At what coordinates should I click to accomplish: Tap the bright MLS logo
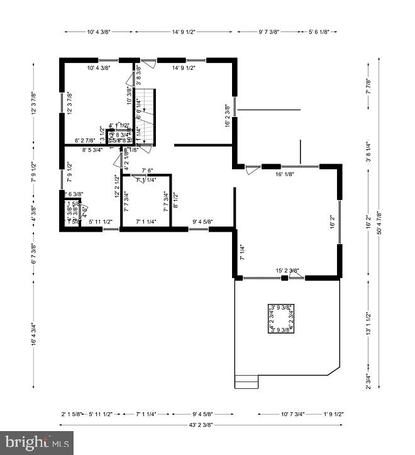click(36, 442)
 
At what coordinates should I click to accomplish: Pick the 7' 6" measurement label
click(148, 171)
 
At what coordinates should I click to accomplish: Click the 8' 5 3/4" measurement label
click(92, 150)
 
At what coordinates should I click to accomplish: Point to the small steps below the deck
click(246, 381)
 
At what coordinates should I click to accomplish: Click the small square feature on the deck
click(282, 318)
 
